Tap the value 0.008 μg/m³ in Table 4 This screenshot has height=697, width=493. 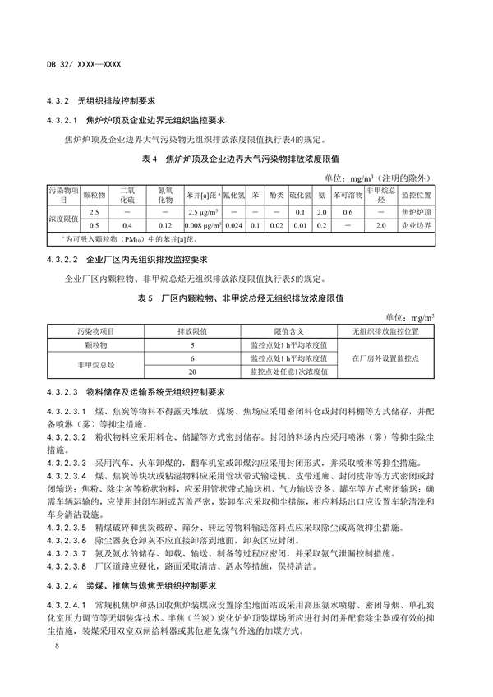tap(200, 224)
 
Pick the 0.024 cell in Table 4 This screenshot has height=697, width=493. tap(234, 224)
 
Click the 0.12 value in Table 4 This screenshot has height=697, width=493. tap(164, 224)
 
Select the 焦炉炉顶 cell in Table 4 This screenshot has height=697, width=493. tap(419, 211)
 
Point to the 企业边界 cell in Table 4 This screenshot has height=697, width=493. tap(419, 224)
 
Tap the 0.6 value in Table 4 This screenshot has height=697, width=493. tap(348, 211)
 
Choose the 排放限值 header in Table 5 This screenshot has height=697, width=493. tap(192, 330)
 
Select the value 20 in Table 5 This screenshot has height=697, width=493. tap(192, 372)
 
